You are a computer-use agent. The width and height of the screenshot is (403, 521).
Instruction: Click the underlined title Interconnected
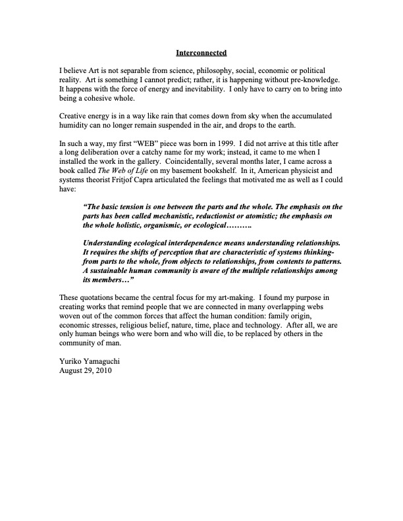(x=201, y=52)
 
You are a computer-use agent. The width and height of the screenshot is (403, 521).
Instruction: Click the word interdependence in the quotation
(x=219, y=243)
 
